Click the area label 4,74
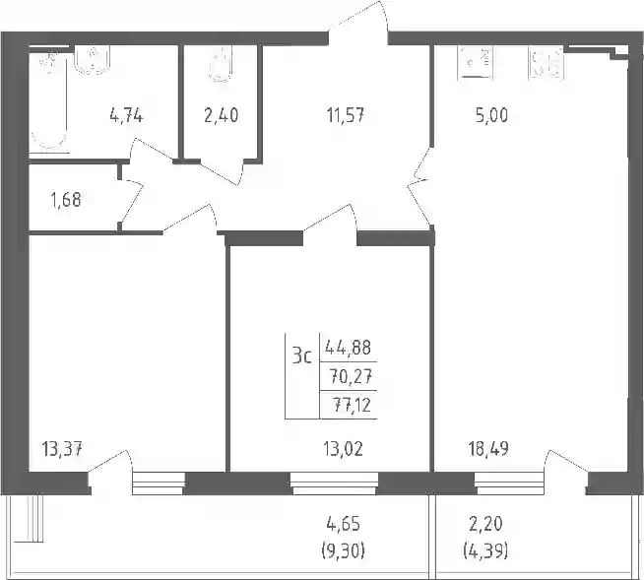126,116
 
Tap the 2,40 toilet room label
221,115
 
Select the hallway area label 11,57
346,115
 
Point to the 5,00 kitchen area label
491,115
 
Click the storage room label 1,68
66,200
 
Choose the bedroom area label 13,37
62,449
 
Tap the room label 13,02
344,449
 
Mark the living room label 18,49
488,449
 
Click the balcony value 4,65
344,525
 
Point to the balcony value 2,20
485,525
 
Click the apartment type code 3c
302,356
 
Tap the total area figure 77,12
352,406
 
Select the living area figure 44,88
349,348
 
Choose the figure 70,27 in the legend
352,376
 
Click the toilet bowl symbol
221,65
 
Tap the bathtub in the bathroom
48,101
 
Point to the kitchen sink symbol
476,62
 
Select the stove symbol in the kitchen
547,62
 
